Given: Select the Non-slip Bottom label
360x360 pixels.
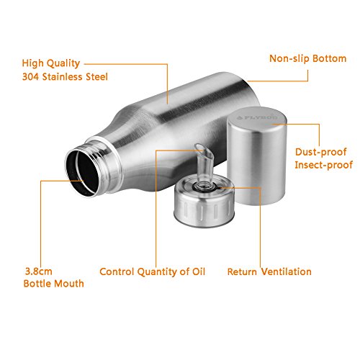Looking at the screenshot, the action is click(308, 58).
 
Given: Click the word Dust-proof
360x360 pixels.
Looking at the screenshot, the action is click(321, 152).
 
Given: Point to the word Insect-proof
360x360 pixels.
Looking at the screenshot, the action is click(323, 165).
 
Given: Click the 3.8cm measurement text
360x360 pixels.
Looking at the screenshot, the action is click(39, 271).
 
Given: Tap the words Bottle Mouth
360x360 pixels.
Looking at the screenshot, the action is click(54, 284).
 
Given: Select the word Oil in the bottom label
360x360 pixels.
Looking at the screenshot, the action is click(199, 271).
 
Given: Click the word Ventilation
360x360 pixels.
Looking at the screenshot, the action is click(287, 271).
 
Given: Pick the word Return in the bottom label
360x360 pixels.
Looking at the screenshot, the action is click(242, 272).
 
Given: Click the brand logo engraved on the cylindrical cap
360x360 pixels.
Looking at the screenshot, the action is click(257, 117).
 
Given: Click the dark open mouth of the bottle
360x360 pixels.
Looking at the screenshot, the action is click(83, 172).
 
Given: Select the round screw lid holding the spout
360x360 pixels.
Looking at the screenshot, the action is click(204, 202).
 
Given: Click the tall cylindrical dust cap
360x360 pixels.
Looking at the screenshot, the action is click(257, 156).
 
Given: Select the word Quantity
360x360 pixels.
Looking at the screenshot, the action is click(157, 272).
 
